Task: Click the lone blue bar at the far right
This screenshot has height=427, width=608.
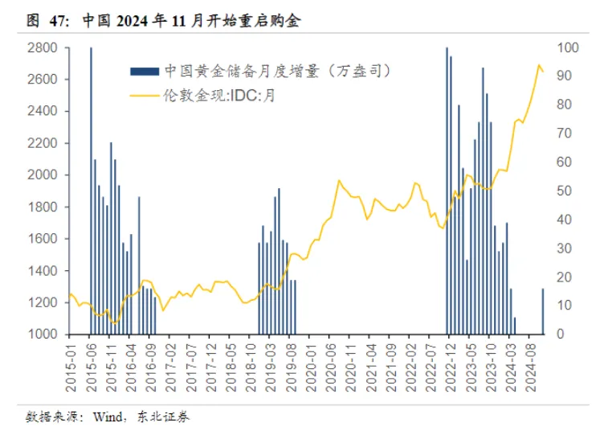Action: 542,310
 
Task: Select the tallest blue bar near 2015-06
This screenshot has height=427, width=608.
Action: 91,190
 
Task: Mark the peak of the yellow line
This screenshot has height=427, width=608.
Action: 539,65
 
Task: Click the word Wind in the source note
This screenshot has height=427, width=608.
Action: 108,417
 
